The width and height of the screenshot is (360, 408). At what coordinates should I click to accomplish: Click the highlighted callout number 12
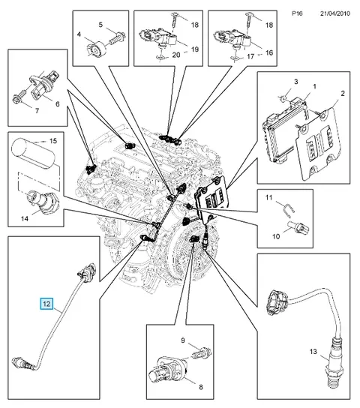click(46, 304)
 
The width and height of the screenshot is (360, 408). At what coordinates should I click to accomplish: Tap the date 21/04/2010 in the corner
click(335, 13)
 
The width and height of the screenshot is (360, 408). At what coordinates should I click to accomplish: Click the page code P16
click(297, 13)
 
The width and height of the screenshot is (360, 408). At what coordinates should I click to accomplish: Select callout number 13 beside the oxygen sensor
click(313, 352)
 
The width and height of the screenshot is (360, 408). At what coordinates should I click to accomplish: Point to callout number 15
click(53, 141)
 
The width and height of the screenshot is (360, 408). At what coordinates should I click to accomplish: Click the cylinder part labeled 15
click(33, 154)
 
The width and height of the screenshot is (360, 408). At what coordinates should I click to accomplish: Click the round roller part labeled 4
click(95, 49)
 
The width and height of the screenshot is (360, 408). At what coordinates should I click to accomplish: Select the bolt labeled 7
click(19, 96)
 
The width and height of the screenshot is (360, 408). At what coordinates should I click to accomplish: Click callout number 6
click(58, 103)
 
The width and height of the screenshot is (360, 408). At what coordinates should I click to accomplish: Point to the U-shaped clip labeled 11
click(288, 209)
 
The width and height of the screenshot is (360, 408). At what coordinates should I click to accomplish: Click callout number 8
click(201, 387)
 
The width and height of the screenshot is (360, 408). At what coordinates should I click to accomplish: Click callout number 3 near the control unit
click(296, 82)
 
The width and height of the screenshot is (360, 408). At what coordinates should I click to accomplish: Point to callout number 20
click(176, 55)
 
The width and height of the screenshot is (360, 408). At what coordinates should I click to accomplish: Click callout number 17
click(250, 56)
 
